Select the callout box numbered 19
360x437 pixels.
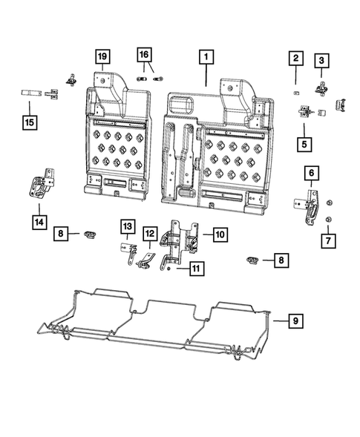pyautogui.click(x=101, y=55)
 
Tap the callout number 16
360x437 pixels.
pyautogui.click(x=144, y=54)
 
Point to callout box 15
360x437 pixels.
pyautogui.click(x=30, y=121)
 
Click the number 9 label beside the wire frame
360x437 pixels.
pyautogui.click(x=295, y=321)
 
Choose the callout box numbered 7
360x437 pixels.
pyautogui.click(x=327, y=240)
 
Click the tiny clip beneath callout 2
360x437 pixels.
pyautogui.click(x=295, y=92)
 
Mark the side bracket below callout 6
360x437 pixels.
pyautogui.click(x=311, y=206)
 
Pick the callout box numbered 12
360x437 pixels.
pyautogui.click(x=149, y=234)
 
